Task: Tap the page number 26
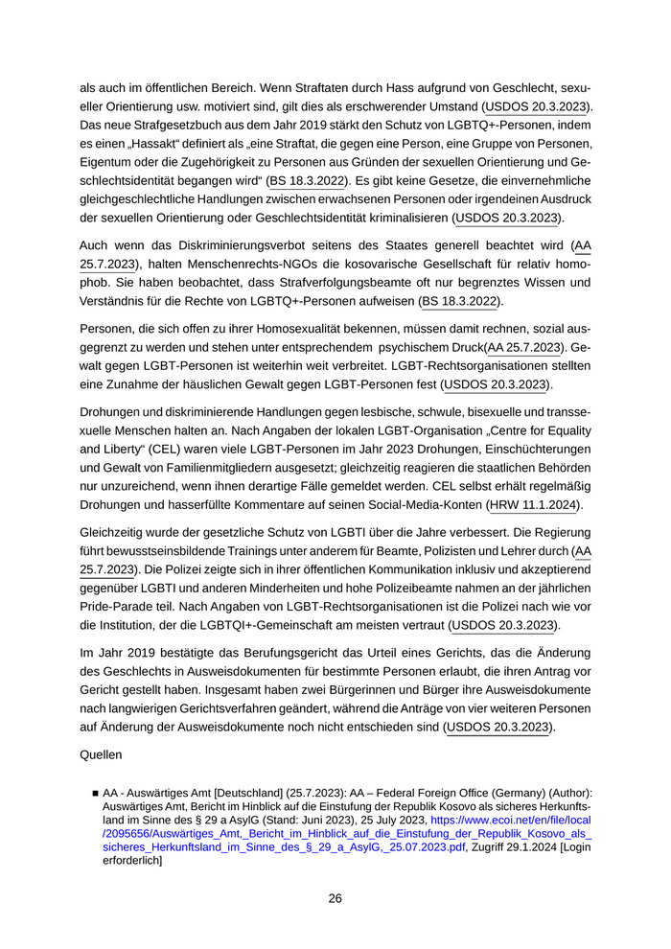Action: point(335,898)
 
